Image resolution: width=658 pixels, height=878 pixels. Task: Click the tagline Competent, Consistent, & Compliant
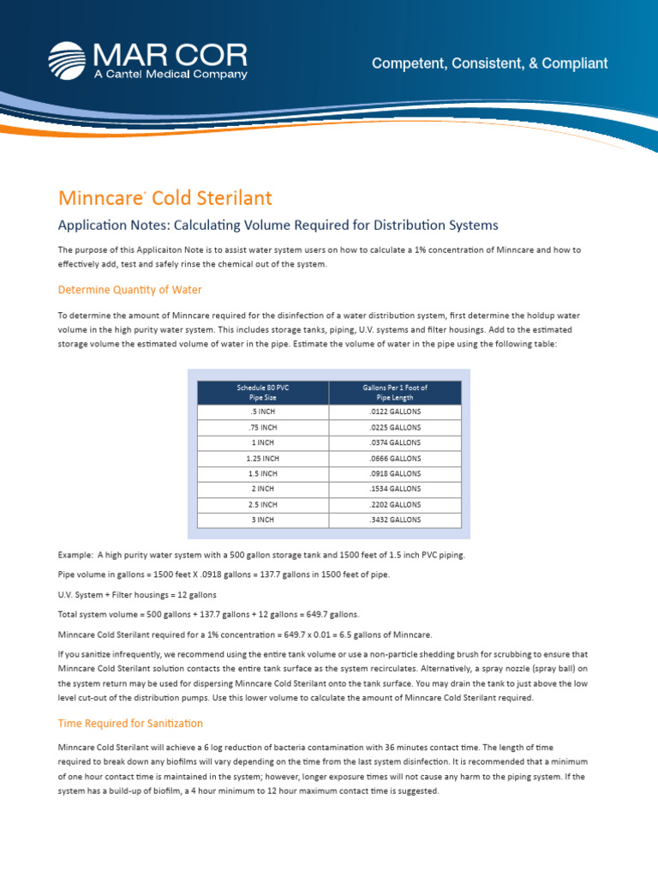[489, 63]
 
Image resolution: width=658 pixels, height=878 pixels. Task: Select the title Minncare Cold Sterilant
[164, 198]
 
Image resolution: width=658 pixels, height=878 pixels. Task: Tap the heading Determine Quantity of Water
[130, 290]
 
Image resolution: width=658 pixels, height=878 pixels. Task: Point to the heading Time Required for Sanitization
[130, 724]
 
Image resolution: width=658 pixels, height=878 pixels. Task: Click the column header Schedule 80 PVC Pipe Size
[263, 393]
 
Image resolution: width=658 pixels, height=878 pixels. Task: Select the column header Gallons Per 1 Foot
[395, 393]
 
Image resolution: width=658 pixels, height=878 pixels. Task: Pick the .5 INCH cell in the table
[263, 412]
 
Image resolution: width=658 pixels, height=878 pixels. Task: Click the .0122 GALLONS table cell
[395, 412]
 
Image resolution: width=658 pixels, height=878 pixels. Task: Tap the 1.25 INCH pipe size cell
[263, 458]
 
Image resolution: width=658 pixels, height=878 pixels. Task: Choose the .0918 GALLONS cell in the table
[395, 473]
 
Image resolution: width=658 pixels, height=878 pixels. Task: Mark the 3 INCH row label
[263, 520]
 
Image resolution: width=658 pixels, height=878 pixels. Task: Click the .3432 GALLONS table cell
[395, 520]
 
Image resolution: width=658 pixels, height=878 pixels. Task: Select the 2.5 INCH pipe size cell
[263, 504]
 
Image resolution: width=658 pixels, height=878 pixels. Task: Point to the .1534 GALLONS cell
[395, 489]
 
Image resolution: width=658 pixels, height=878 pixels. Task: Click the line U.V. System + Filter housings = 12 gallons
[137, 594]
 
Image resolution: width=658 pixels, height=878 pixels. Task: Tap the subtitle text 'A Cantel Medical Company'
[170, 75]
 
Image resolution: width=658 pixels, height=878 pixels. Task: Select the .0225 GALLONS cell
[395, 427]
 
